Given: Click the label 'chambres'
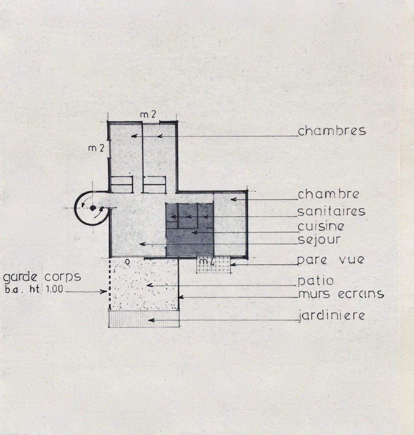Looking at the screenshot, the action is pos(332,131).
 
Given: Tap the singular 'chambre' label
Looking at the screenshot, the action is pos(328,194).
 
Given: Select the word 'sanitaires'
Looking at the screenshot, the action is pos(331,211).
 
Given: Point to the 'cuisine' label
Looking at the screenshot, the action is pos(321,226).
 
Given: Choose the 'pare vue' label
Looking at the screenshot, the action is pos(330,260).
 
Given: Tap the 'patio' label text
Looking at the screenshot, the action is pos(316,281).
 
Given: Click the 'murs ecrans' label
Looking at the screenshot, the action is pos(341,294).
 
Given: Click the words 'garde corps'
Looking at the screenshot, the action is pos(42,277).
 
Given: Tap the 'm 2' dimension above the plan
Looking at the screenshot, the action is pos(148,114).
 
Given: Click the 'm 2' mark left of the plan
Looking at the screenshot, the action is pos(96,148).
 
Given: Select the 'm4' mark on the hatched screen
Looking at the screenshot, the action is pos(207,261).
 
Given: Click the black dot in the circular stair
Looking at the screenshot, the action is pos(93,208).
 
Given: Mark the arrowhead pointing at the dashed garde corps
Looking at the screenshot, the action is pos(104,291).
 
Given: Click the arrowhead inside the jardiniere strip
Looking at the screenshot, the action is pos(151,320).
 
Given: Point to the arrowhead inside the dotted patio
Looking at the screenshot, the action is pos(150,285).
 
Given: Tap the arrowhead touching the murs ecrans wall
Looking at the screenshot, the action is pos(181,297).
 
